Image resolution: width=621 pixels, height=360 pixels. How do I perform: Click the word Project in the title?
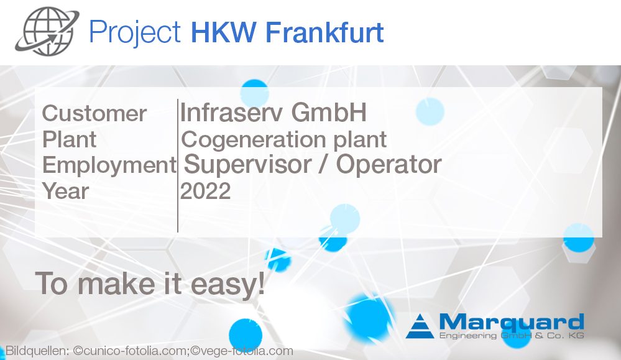(135, 31)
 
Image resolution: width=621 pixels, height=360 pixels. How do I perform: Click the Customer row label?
(94, 114)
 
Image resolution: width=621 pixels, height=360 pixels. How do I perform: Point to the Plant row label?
(69, 139)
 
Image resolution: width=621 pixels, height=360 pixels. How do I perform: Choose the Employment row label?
(109, 165)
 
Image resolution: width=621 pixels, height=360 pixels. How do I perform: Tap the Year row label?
(65, 191)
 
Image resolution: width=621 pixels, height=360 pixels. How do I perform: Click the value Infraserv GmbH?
(273, 113)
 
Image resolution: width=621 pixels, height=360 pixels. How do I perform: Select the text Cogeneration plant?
(284, 139)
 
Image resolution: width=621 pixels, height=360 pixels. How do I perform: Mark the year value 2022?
(205, 192)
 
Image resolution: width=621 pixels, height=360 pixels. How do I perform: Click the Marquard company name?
(511, 322)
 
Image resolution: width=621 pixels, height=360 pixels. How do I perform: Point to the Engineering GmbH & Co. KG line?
(511, 336)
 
